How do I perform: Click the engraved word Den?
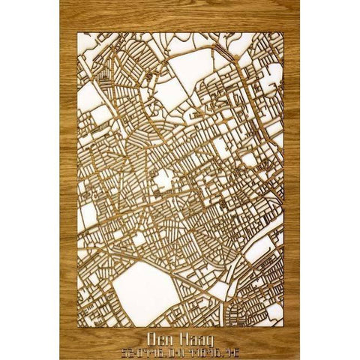point(160,337)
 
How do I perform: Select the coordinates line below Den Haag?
point(179,349)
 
